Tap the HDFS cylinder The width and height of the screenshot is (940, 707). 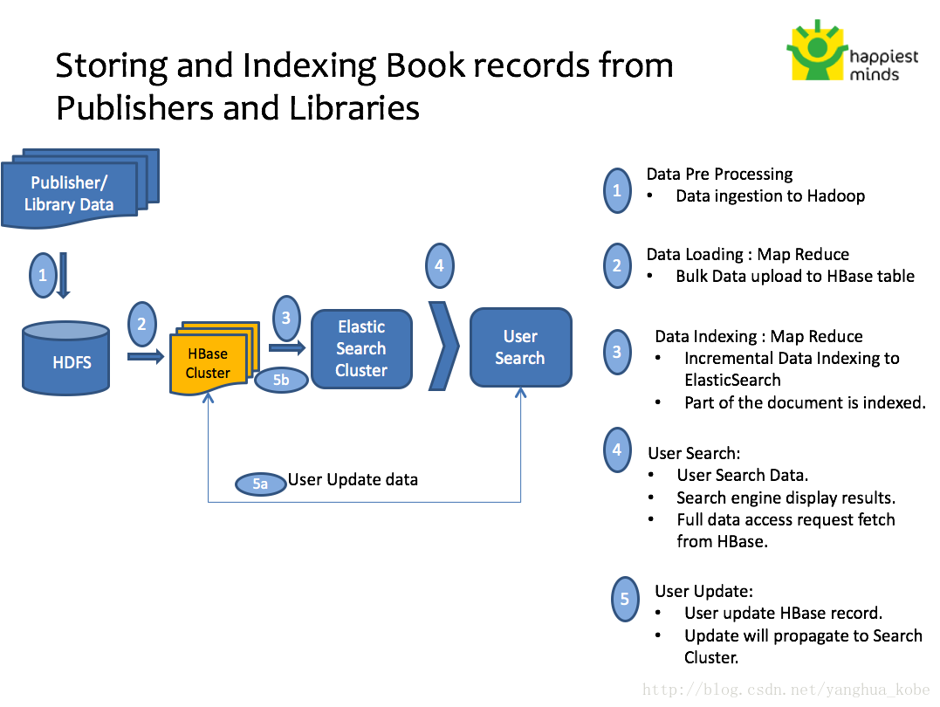66,358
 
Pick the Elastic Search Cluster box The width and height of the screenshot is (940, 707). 361,348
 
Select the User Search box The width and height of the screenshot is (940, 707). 520,347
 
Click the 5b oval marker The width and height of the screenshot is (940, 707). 281,381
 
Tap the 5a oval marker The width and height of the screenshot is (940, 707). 260,484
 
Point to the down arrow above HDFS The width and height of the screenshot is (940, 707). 64,275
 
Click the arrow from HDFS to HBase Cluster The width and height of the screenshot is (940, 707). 145,356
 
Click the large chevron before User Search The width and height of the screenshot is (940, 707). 443,346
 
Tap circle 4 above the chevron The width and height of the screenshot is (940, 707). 439,265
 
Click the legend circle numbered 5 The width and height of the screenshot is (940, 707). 625,599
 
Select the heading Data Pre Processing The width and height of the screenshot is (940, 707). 719,174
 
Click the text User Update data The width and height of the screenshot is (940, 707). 353,479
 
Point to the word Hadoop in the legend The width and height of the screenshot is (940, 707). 835,196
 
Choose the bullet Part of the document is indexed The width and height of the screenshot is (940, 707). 804,402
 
